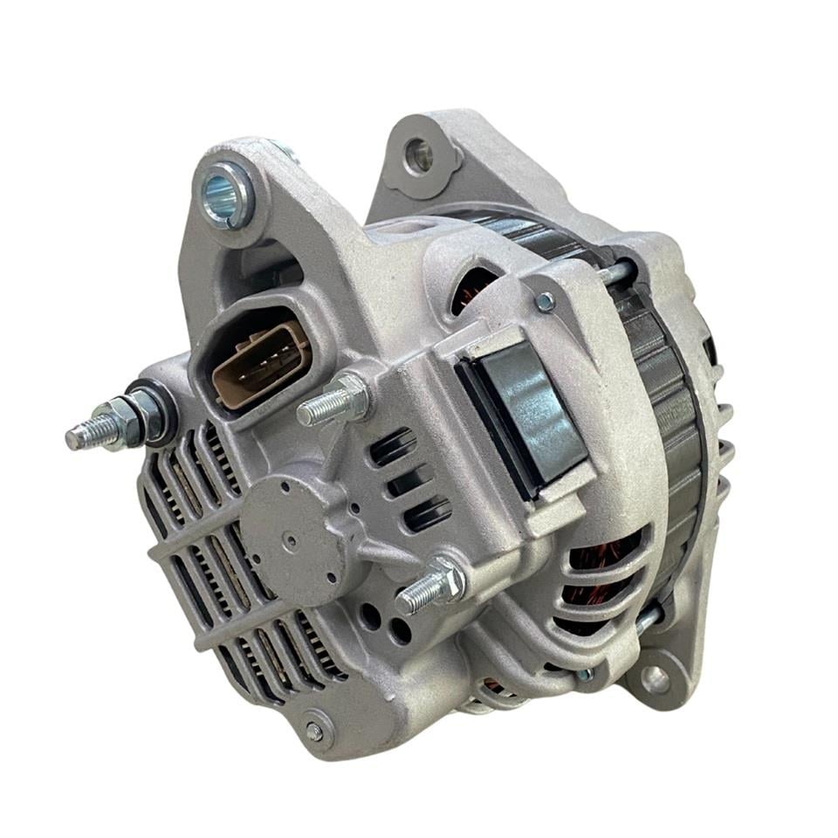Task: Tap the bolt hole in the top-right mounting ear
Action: [420, 155]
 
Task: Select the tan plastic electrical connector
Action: [259, 363]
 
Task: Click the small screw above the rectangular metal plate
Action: [546, 302]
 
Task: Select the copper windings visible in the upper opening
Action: [476, 288]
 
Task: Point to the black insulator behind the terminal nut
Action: [162, 409]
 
